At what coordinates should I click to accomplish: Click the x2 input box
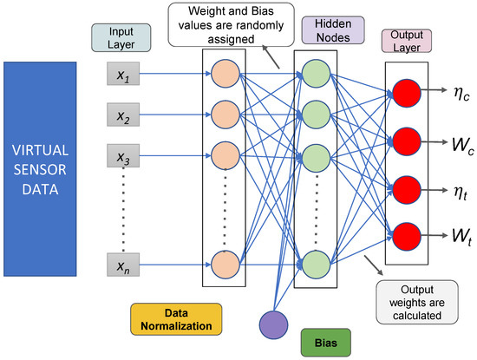click(x=122, y=115)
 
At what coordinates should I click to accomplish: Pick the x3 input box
click(x=122, y=158)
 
